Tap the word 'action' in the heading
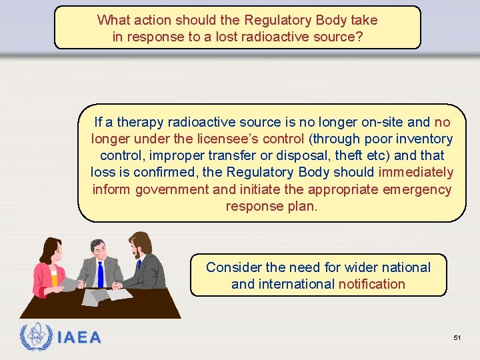153,20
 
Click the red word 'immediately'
415,172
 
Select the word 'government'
172,189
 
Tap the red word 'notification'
371,284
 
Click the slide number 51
457,338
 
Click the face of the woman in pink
55,253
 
